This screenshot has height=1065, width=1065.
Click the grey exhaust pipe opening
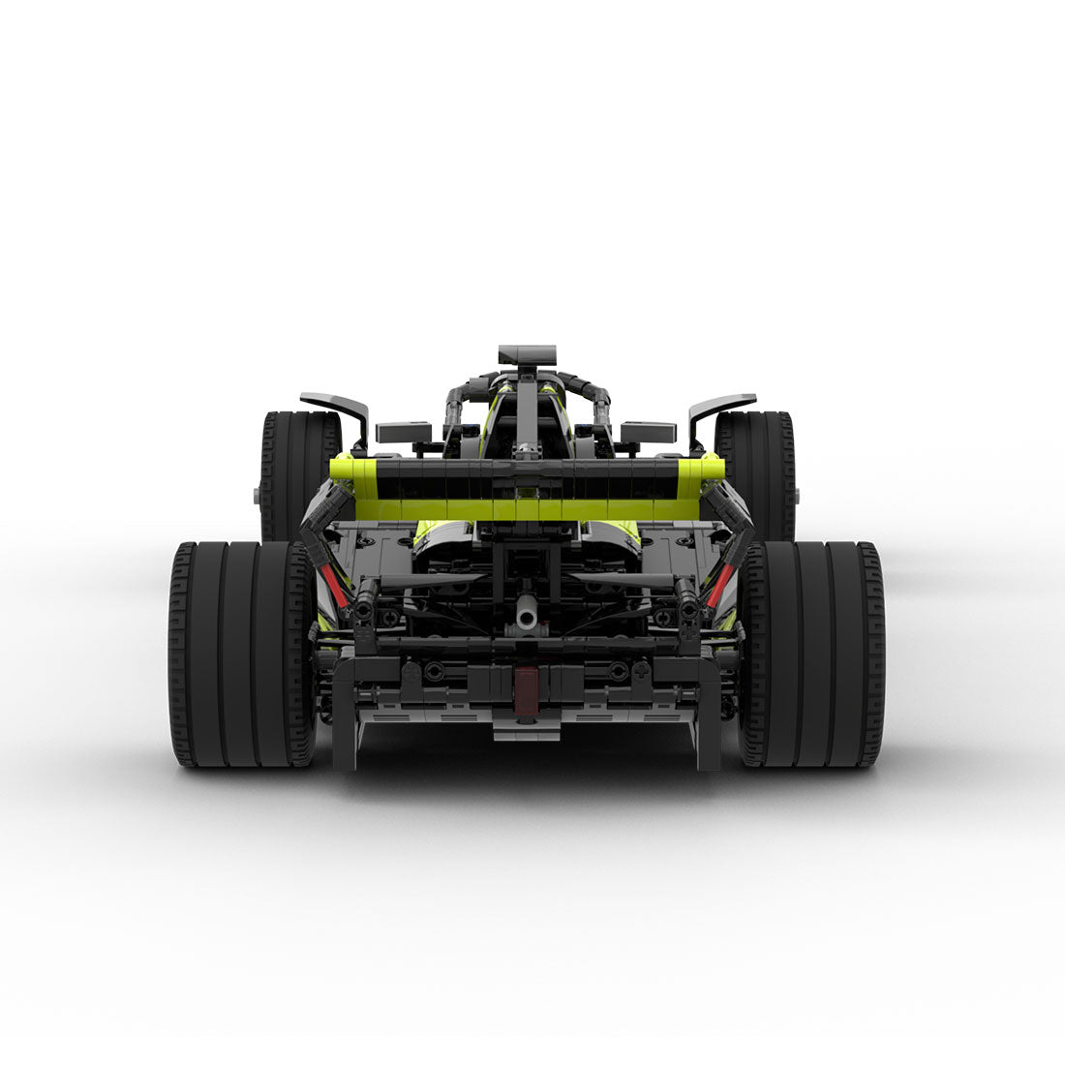(528, 612)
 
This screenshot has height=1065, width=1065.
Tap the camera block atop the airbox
(528, 355)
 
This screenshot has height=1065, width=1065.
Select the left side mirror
(403, 432)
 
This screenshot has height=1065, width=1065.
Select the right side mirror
(648, 432)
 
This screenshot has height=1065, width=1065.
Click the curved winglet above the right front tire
(721, 407)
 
